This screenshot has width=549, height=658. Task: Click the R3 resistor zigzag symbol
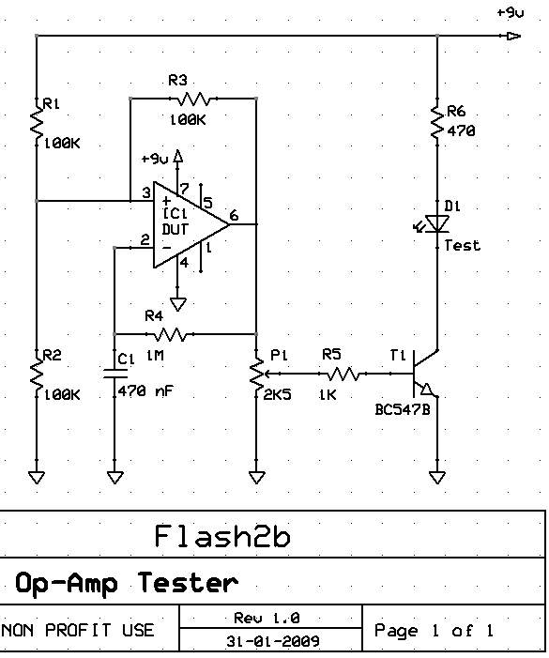point(193,99)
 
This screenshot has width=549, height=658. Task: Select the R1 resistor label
point(52,103)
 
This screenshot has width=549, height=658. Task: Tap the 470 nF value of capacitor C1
point(145,391)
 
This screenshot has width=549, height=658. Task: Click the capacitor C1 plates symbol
point(114,374)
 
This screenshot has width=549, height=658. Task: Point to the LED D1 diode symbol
point(435,223)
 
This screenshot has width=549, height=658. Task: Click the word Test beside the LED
point(462,245)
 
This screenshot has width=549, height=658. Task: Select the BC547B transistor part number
point(403,409)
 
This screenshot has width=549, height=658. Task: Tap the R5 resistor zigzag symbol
point(343,374)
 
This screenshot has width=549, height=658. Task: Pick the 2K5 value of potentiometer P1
point(277,395)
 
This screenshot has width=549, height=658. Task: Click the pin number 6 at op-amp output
point(234,215)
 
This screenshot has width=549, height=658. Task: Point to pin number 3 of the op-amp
point(146,192)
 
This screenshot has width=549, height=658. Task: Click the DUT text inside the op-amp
point(175,230)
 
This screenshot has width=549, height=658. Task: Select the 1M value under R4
point(155,356)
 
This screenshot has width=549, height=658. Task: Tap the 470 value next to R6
point(461,131)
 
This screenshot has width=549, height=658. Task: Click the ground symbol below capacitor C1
point(114,477)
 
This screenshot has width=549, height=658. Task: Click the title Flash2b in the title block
point(222,536)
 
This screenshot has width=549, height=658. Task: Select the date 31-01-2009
point(273,641)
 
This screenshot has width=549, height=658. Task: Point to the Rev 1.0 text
point(267,619)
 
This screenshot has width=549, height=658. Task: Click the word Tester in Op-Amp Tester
point(188,583)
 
